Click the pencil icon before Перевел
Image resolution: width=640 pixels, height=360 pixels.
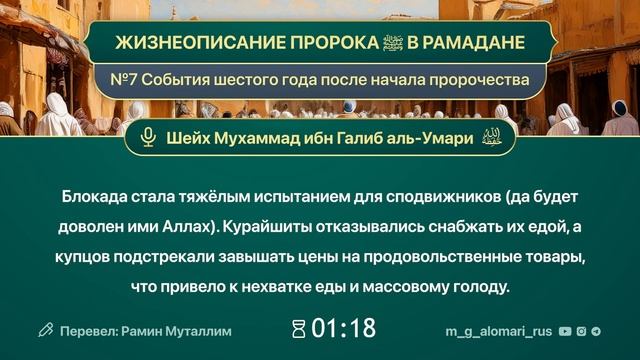(x=44, y=328)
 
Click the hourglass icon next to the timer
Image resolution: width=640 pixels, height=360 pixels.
(x=297, y=328)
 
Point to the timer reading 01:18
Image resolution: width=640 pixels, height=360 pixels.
(x=343, y=328)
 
